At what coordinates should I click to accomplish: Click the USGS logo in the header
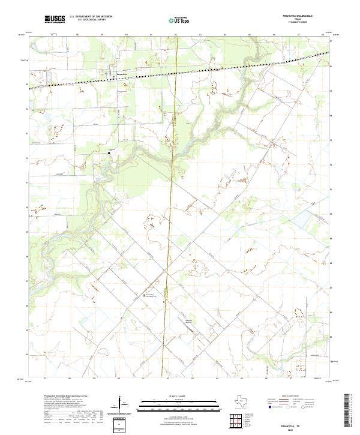click(55, 19)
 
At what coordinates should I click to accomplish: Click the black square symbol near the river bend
click(109, 153)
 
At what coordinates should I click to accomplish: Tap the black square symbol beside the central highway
click(143, 296)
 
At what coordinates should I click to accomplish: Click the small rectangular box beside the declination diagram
click(120, 424)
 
